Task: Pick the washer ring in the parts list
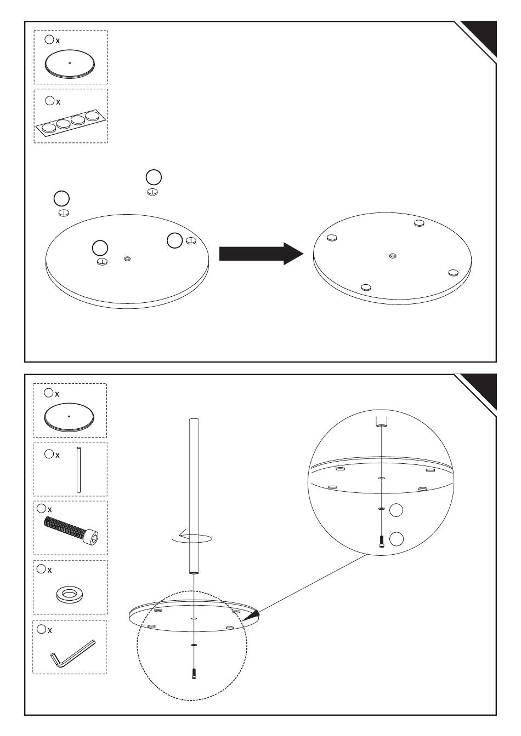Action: tap(70, 594)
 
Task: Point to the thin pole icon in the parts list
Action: tap(79, 470)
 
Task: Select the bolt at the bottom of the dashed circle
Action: tap(194, 674)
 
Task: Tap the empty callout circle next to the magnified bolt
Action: tap(397, 539)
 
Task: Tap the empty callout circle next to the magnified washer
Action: tap(395, 510)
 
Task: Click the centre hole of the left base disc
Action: tap(127, 258)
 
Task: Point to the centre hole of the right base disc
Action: tap(392, 255)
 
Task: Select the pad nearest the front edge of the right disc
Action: tap(366, 286)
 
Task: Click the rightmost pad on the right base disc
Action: tap(452, 272)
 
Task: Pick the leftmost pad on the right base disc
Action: tap(331, 238)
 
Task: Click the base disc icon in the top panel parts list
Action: tap(70, 65)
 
